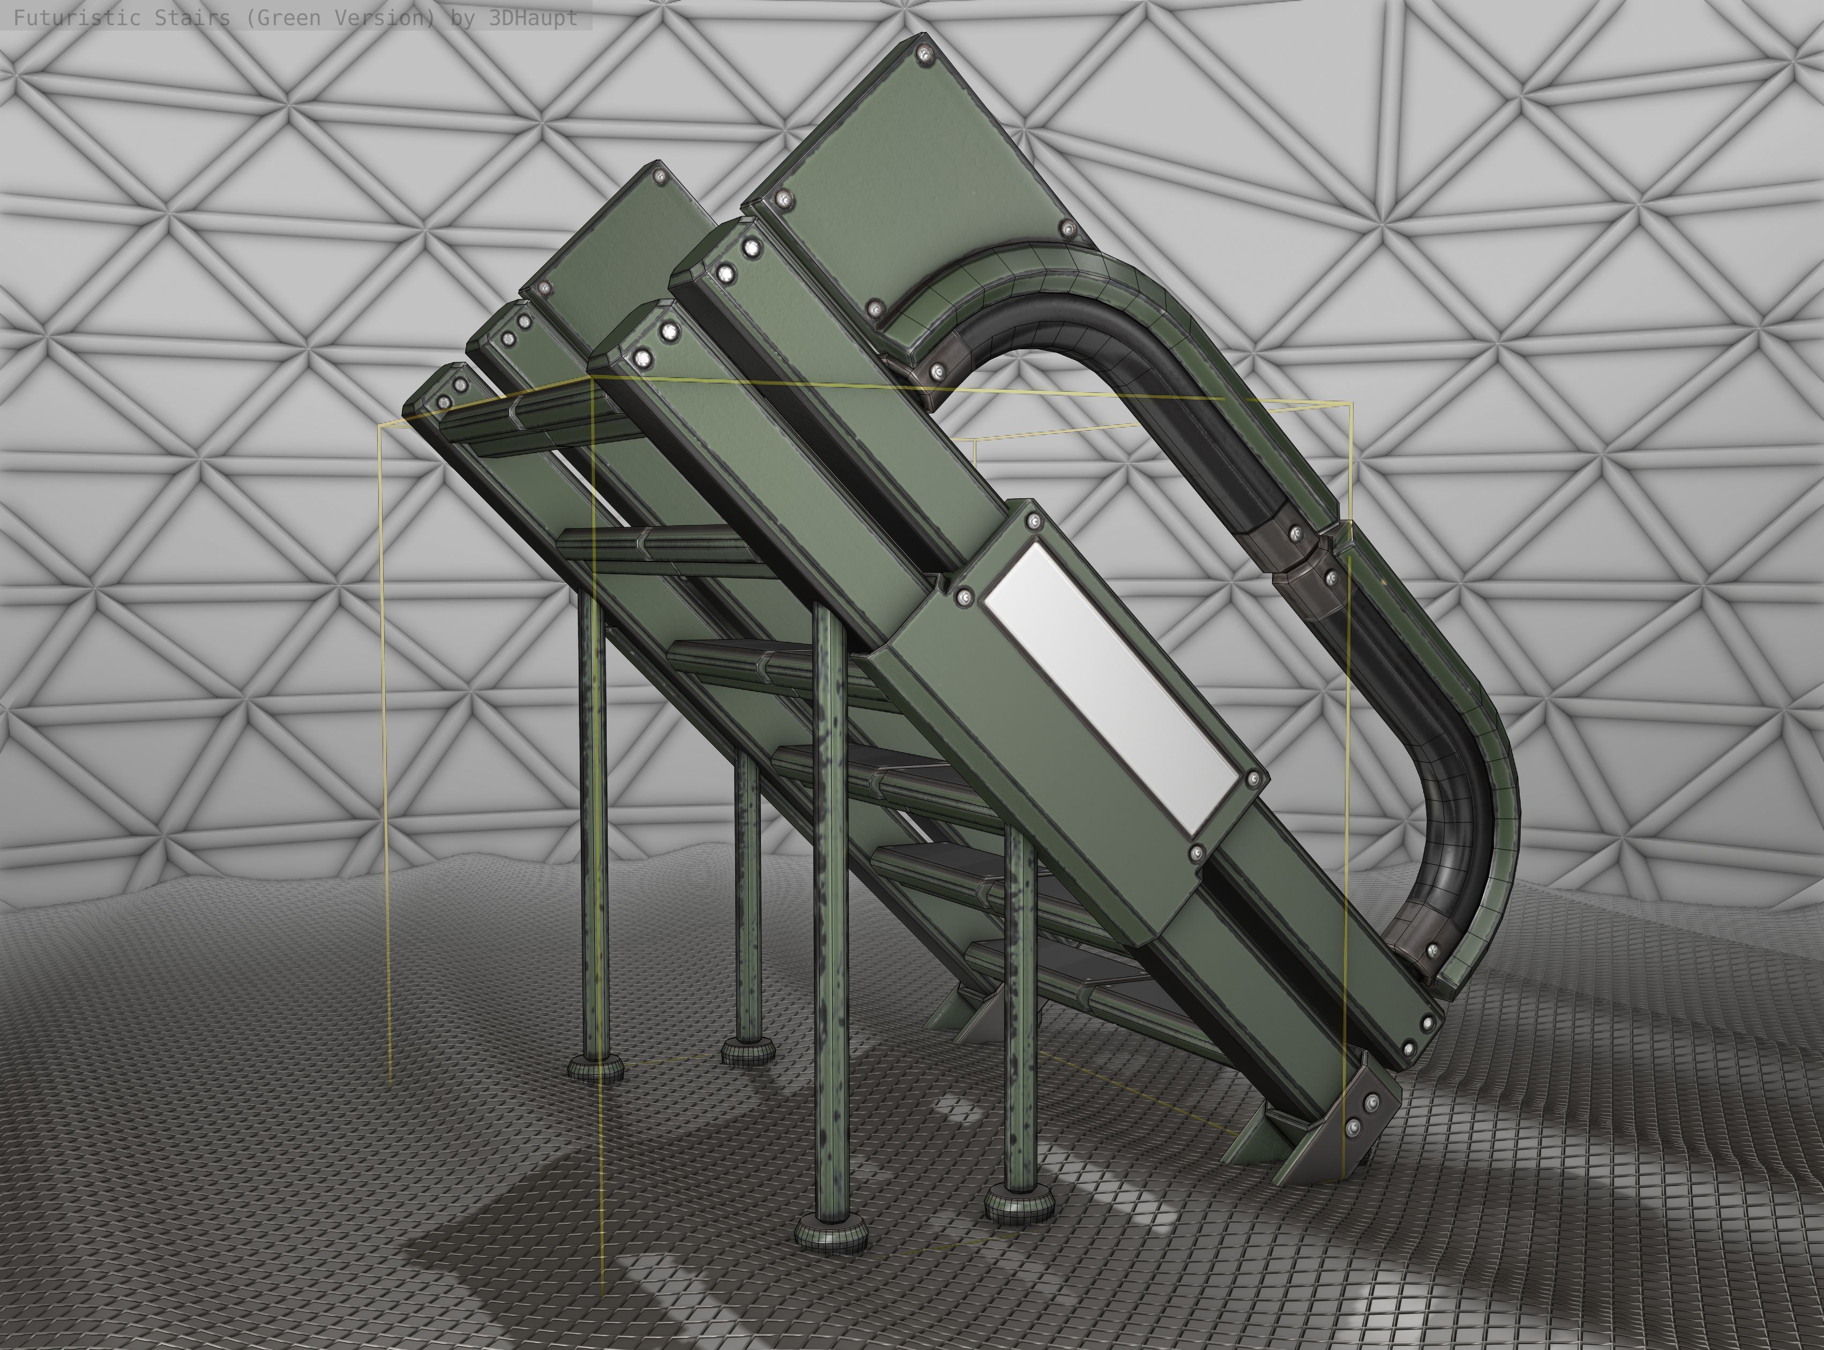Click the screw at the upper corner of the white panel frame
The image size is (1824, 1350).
click(1032, 520)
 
